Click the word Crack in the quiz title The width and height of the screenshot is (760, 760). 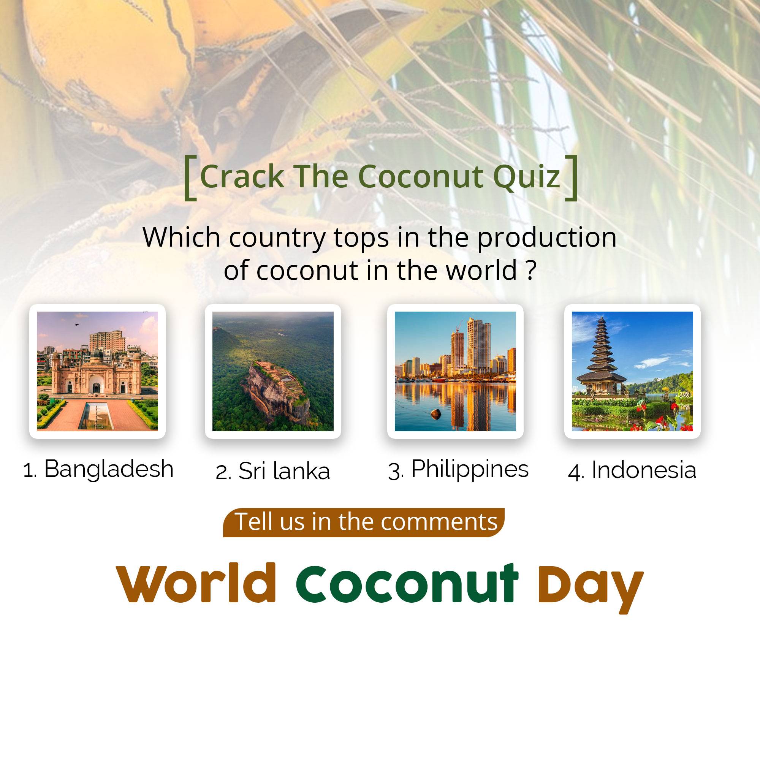pos(242,176)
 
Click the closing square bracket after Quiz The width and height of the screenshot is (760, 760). pos(572,178)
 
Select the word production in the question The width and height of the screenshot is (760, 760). pos(547,238)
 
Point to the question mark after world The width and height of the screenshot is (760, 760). pos(531,271)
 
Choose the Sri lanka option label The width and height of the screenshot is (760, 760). pos(272,471)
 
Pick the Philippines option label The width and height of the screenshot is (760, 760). pos(458,470)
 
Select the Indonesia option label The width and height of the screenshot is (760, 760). pos(632,470)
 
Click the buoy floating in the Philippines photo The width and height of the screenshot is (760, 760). pos(435,413)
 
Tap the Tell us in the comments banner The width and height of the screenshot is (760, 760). pos(364,522)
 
